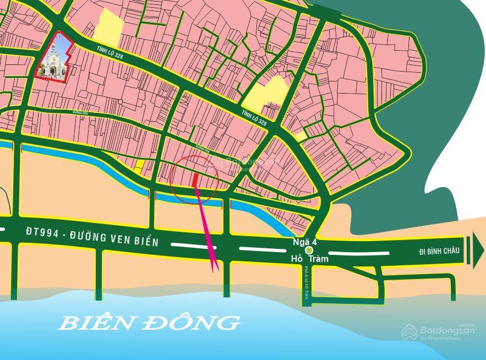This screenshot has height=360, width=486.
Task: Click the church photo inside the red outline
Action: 54,58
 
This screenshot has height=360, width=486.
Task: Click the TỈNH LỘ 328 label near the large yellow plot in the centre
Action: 254,117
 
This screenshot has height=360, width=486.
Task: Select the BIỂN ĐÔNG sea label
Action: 149,323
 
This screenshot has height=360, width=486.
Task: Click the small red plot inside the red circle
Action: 196,180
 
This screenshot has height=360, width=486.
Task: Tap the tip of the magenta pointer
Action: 215,270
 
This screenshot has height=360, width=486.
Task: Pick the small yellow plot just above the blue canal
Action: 140,164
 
